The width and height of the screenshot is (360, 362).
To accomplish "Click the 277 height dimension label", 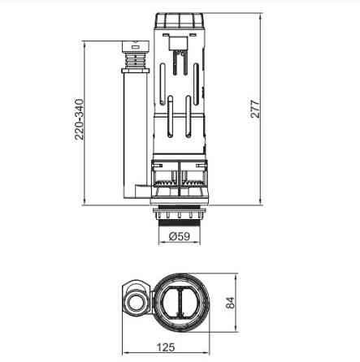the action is pos(255,109).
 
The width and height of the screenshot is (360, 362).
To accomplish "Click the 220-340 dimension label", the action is pos(79,119).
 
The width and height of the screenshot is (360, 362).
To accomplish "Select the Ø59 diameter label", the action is pos(180,236).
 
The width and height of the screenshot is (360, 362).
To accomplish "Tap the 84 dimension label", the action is pos(230,304).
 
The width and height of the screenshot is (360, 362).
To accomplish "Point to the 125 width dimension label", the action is pos(166,347).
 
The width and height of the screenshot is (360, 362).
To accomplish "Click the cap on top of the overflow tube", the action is pos(136,46).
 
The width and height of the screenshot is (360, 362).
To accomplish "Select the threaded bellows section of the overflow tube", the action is pos(136,60).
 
